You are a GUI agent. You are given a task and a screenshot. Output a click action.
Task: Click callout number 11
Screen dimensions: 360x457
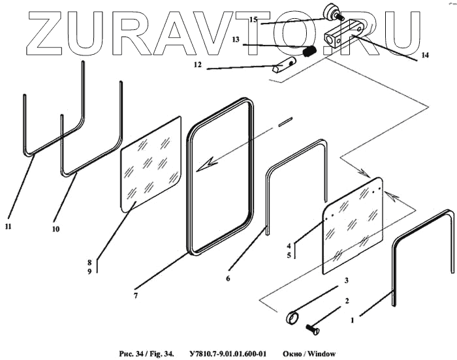tap(8, 226)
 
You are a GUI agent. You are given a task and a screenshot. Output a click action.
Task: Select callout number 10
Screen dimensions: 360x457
tap(56, 229)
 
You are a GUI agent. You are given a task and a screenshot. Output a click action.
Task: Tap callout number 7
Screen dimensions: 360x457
tap(135, 295)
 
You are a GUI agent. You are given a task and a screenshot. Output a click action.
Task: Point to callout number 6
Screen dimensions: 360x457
tap(228, 278)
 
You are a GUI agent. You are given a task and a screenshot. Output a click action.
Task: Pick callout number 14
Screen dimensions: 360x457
tap(425, 55)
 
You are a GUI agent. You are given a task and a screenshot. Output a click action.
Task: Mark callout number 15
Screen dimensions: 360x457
tap(254, 20)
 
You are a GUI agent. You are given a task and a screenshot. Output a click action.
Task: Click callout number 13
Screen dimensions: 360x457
tap(235, 40)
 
